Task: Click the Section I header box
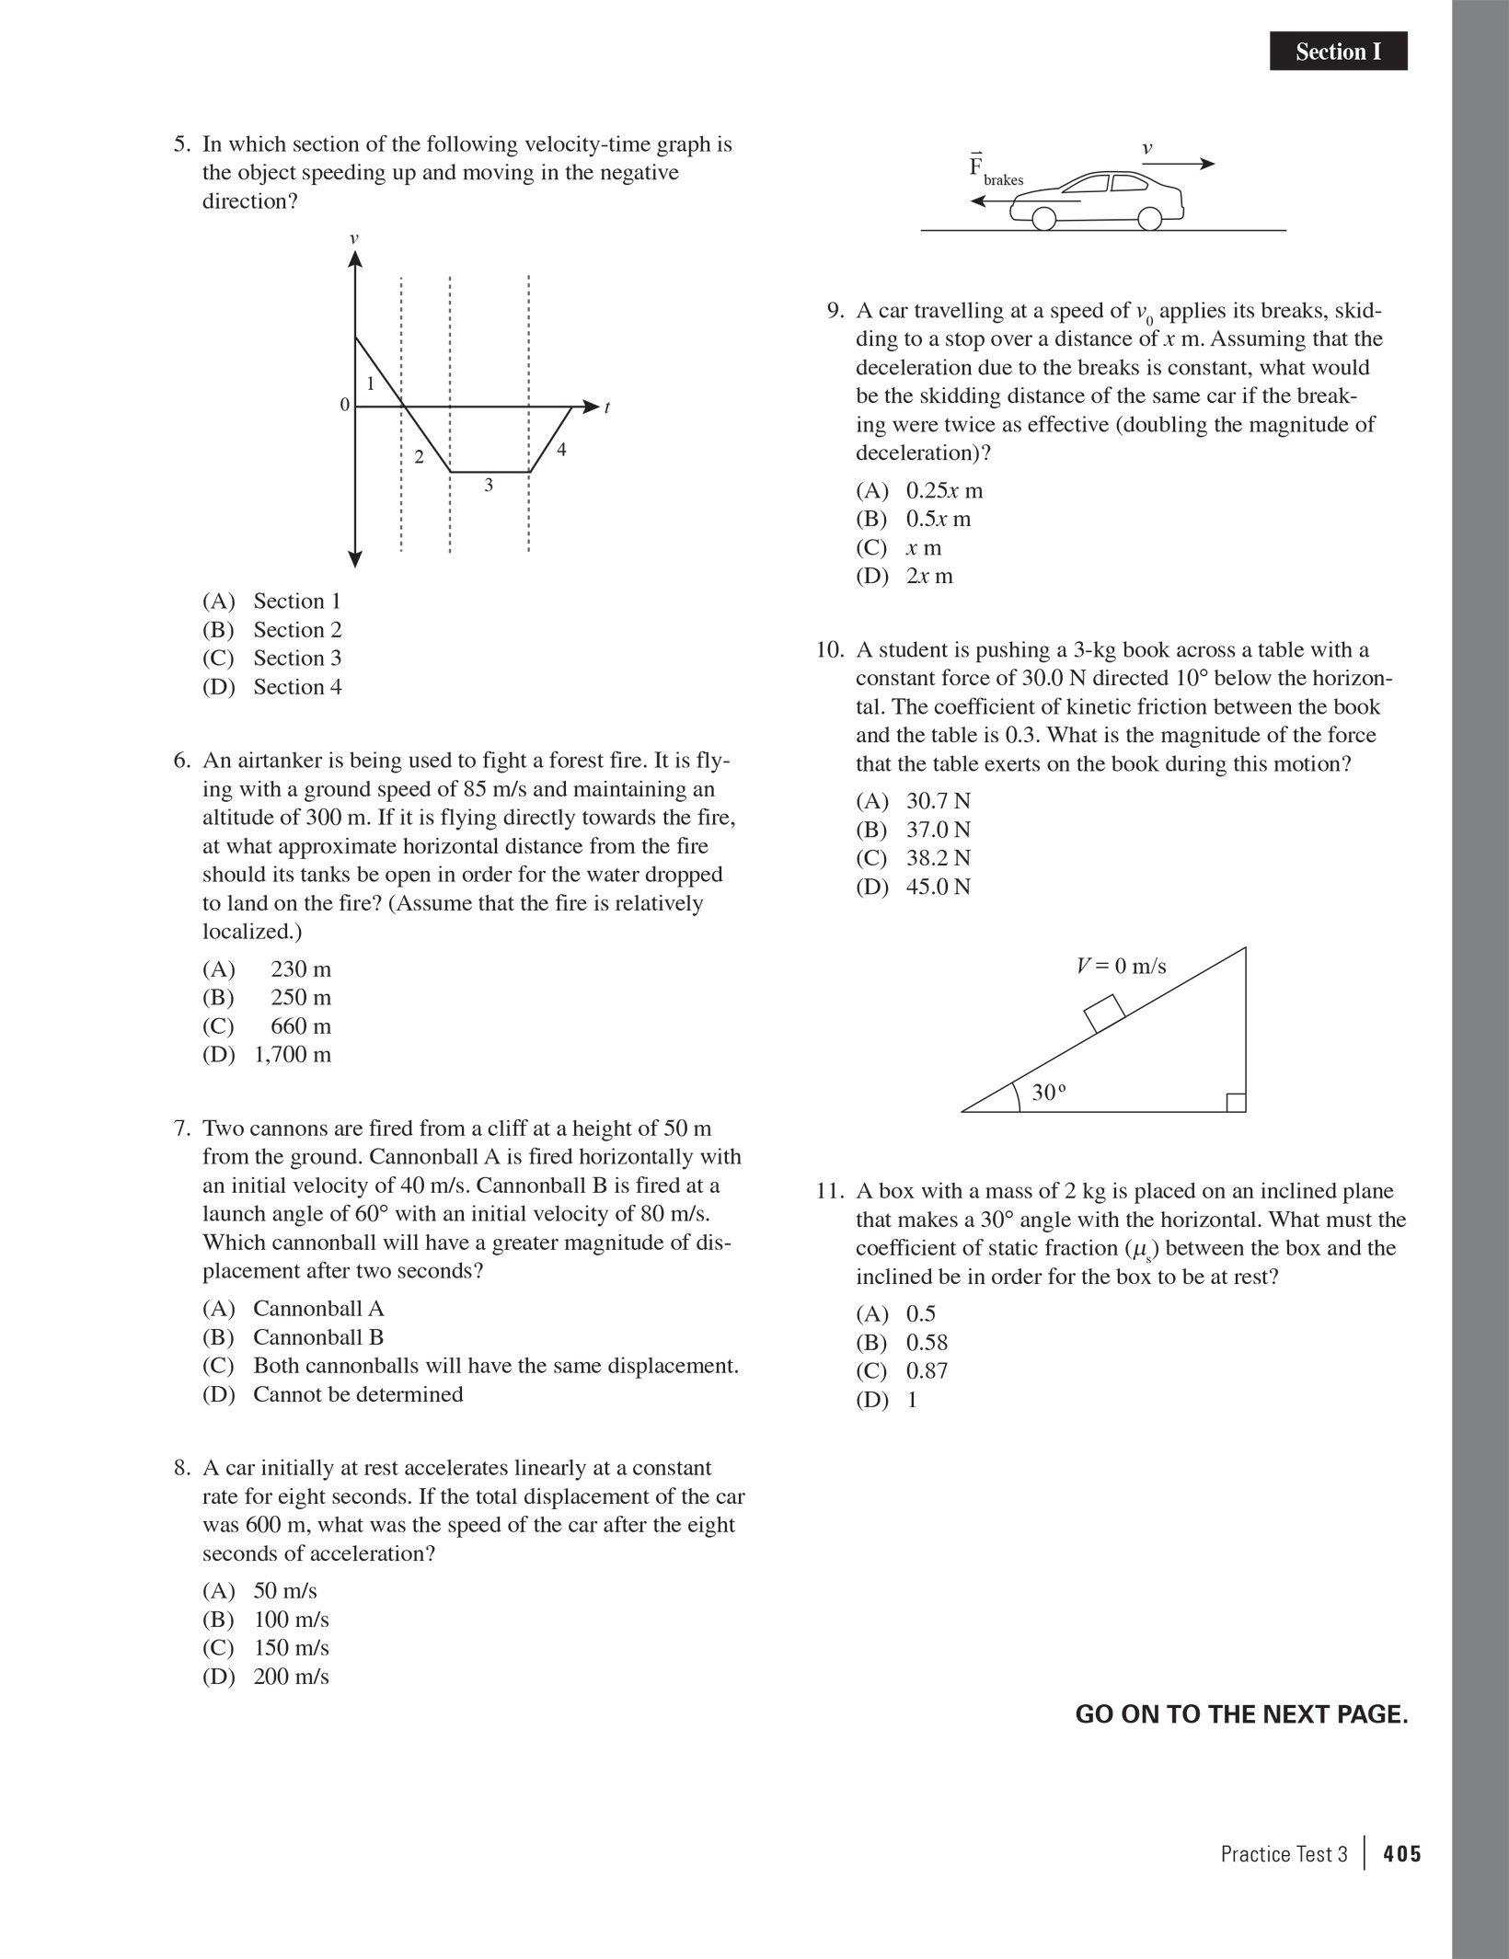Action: pos(1338,52)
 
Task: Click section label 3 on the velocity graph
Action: pos(489,485)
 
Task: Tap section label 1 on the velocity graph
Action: pos(371,384)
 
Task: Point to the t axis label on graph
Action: pos(607,407)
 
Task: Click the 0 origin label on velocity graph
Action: pos(345,405)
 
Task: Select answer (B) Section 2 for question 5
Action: pos(272,630)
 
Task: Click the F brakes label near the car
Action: pos(995,171)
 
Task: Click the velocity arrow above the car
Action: pos(1178,164)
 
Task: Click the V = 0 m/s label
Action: pos(1121,966)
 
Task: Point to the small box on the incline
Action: pos(1104,1013)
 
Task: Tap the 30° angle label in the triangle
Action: pos(1048,1093)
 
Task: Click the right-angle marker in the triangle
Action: pos(1236,1102)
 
